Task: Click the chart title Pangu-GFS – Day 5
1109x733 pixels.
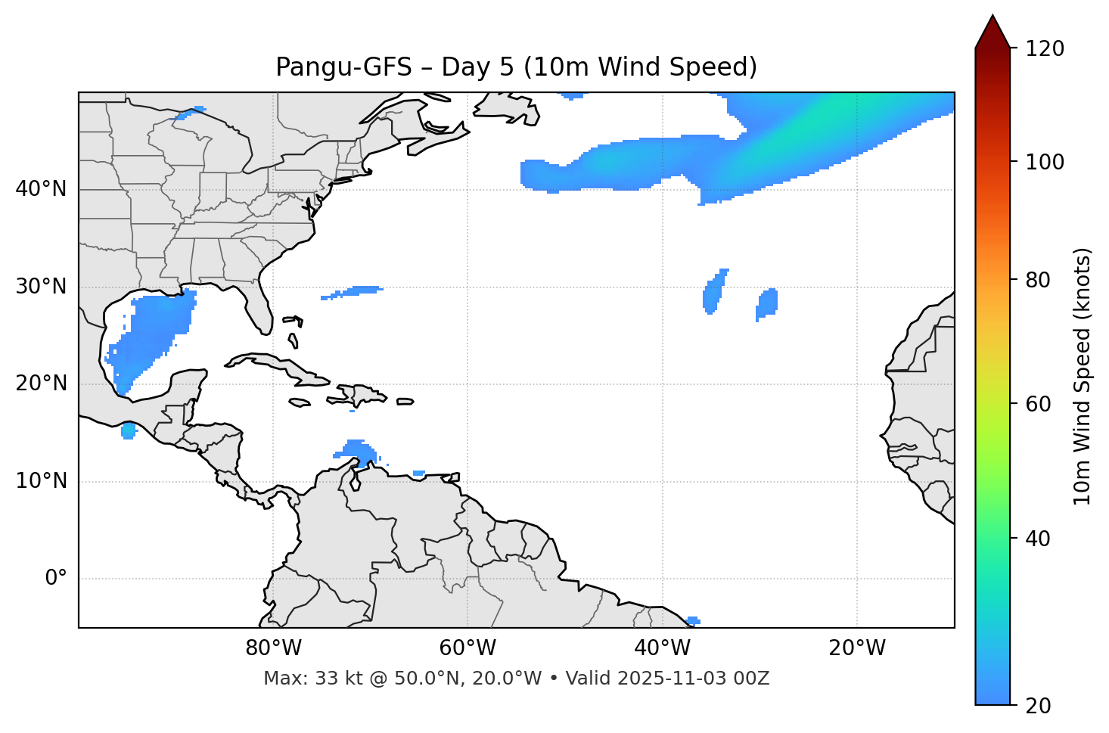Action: pyautogui.click(x=516, y=67)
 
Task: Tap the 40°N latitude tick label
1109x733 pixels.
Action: pyautogui.click(x=41, y=189)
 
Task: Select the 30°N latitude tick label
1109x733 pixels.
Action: pyautogui.click(x=41, y=287)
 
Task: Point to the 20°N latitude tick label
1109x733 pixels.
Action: pyautogui.click(x=41, y=384)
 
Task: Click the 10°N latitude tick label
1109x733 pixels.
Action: pyautogui.click(x=41, y=481)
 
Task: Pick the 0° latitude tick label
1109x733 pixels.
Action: pyautogui.click(x=56, y=579)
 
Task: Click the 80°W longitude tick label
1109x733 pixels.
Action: pyautogui.click(x=273, y=648)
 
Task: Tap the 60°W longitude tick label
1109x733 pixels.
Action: pyautogui.click(x=468, y=648)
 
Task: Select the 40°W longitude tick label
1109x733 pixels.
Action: pyautogui.click(x=662, y=648)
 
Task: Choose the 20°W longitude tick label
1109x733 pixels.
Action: pyautogui.click(x=856, y=648)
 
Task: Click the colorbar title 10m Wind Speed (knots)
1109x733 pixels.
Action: pyautogui.click(x=1083, y=376)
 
